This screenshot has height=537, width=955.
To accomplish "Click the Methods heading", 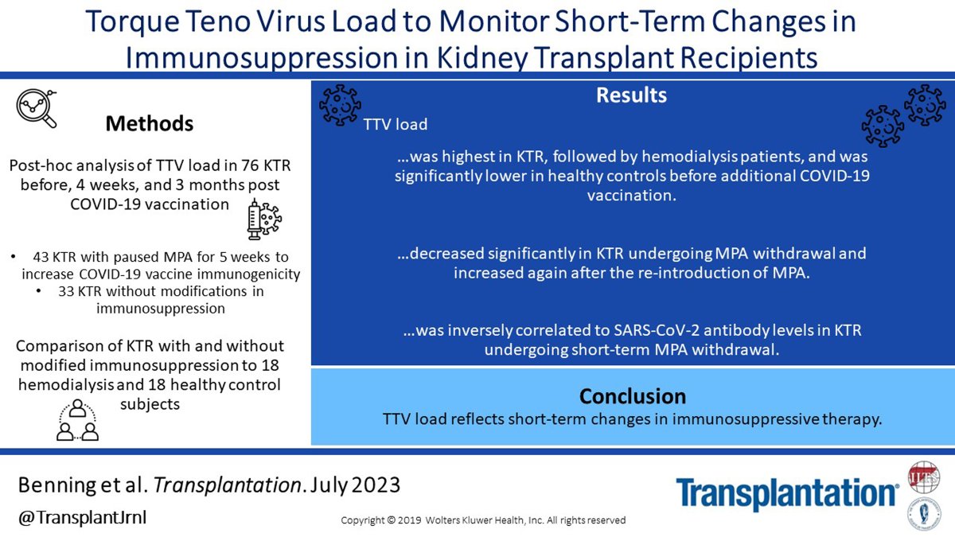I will tap(150, 123).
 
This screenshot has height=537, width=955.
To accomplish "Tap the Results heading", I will tap(631, 95).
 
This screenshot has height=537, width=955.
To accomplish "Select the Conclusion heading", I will tap(632, 396).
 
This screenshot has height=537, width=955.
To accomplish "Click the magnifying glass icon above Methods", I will tap(38, 108).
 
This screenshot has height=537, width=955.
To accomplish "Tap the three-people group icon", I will tap(77, 421).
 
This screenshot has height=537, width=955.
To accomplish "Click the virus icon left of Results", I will tap(339, 104).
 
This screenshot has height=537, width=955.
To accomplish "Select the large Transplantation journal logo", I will tap(788, 494).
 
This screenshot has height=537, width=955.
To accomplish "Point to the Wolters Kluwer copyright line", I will tap(483, 520).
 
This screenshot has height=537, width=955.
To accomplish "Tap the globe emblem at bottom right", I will tap(925, 477).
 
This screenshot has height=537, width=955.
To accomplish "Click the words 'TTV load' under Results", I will tap(396, 125).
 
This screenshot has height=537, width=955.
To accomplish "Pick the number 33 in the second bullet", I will tap(68, 291).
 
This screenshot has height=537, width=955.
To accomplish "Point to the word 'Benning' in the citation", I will tap(58, 484).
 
